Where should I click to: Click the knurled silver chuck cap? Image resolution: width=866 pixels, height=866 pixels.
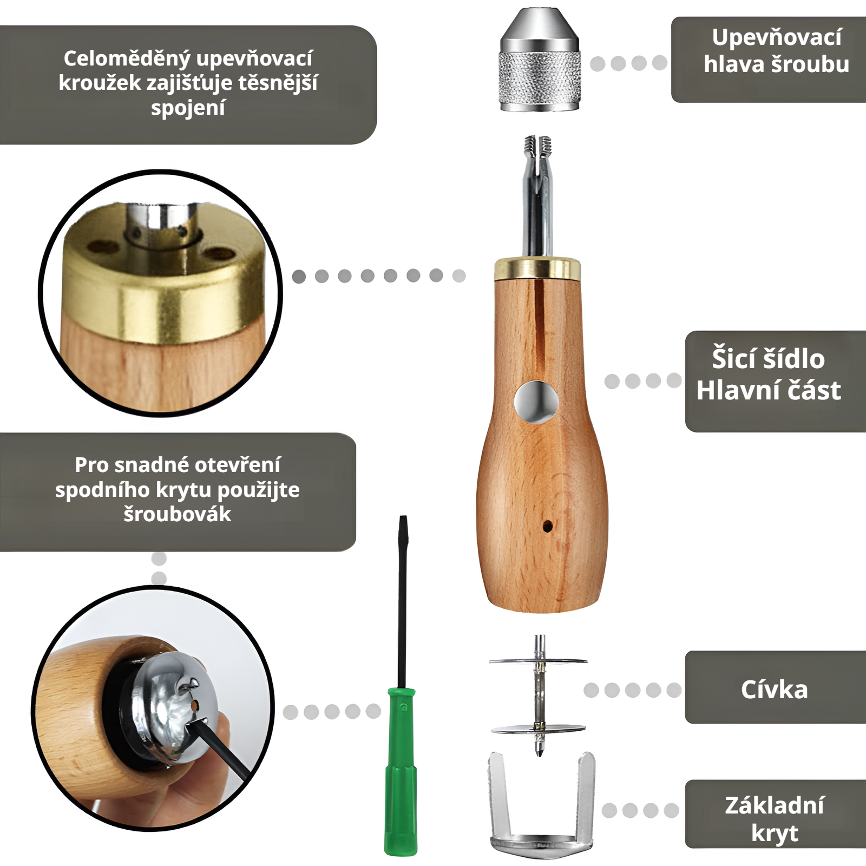coord(540,60)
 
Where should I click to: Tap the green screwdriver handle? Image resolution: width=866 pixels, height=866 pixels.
coord(401,771)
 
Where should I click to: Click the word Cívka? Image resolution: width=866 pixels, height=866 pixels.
coord(774,690)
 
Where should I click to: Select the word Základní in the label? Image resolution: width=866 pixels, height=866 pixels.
coord(775,805)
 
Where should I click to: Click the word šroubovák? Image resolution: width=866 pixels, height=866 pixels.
coord(178,514)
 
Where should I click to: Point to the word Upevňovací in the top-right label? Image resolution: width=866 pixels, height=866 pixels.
coord(777,37)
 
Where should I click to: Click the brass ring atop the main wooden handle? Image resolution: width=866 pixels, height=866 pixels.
coord(537,269)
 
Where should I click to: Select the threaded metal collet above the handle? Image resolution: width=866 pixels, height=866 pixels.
coord(538,195)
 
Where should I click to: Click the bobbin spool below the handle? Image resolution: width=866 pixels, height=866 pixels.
coord(539,696)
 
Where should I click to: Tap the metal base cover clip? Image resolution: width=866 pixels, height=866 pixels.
coord(541,805)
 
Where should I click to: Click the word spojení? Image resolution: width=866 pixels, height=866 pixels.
coord(188,108)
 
